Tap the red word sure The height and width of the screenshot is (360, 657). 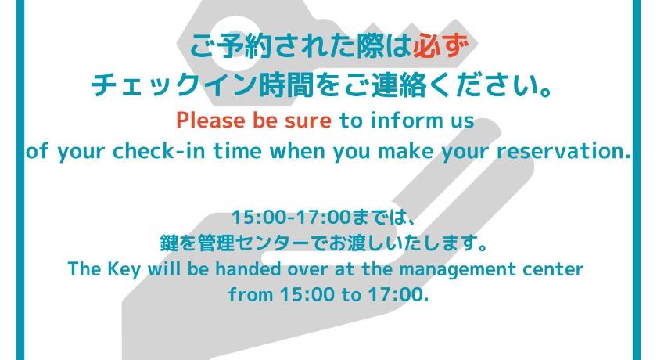(308, 121)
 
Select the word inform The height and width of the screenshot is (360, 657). (407, 121)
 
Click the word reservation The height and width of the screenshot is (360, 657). (564, 151)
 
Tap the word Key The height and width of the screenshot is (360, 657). (124, 269)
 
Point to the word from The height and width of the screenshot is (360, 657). (250, 294)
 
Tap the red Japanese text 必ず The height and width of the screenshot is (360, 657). (440, 45)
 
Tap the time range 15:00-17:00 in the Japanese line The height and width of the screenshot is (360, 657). (291, 218)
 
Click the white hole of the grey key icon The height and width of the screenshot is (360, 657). (235, 43)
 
